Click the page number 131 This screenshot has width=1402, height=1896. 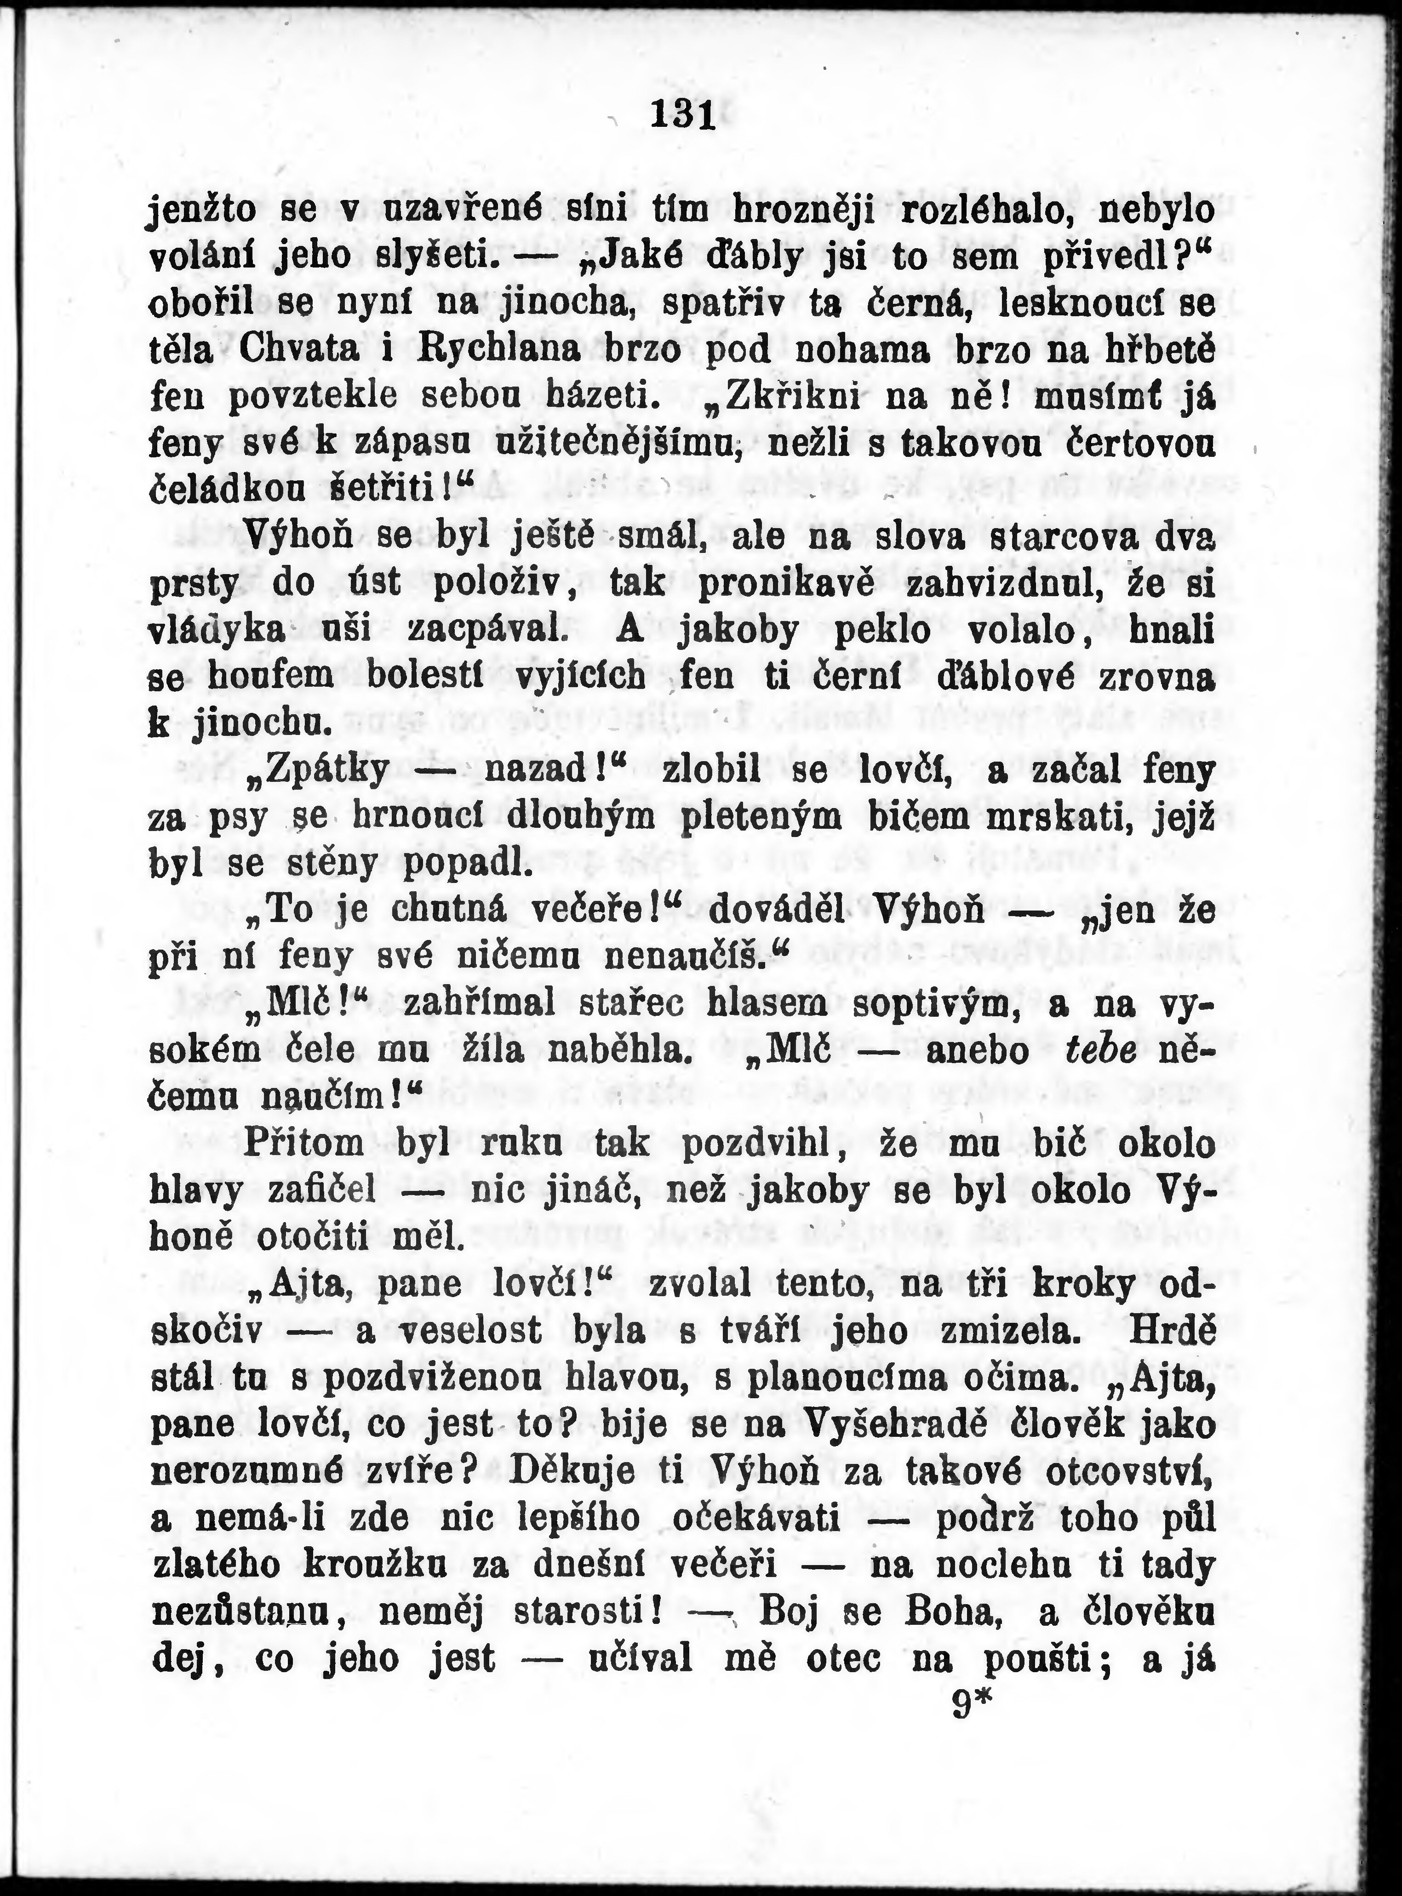pos(683,115)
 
